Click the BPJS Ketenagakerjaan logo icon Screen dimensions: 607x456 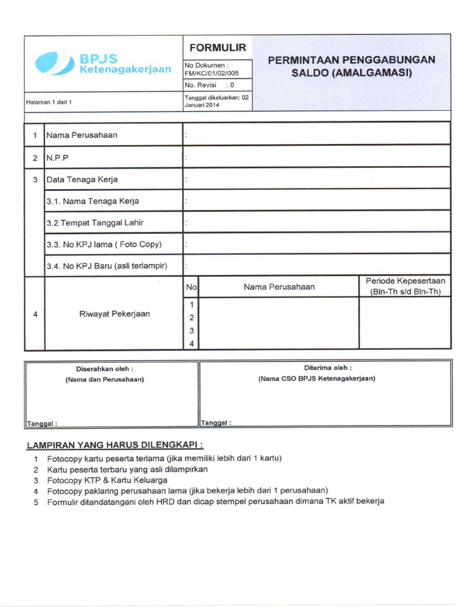tap(54, 63)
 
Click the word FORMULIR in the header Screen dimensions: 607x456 tap(217, 47)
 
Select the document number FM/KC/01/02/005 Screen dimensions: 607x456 tap(211, 74)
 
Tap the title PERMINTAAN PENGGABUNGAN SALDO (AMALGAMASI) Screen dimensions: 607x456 tap(351, 66)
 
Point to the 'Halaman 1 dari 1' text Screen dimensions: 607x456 tap(49, 102)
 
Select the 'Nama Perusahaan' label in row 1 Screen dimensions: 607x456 tap(82, 135)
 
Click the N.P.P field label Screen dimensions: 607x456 tap(58, 158)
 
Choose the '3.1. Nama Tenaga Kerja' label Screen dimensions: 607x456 tap(93, 201)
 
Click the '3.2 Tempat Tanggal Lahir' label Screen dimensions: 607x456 tap(95, 223)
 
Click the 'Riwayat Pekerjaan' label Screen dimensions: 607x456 tap(115, 314)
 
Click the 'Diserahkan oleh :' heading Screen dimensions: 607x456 tap(104, 369)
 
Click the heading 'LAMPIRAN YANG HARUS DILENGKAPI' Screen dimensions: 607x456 tap(115, 445)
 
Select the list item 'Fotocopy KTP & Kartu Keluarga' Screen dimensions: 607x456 tap(107, 480)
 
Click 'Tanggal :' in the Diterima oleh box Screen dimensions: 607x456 tap(216, 423)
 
